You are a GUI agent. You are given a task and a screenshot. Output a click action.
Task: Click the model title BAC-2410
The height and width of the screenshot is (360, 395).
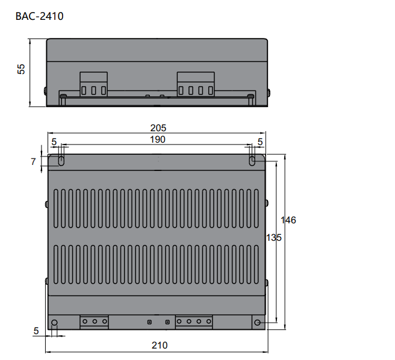click(x=39, y=16)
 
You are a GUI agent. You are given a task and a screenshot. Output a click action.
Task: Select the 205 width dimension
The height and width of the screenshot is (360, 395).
click(x=158, y=128)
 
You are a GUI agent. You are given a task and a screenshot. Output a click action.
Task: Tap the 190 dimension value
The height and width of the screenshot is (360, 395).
click(x=157, y=139)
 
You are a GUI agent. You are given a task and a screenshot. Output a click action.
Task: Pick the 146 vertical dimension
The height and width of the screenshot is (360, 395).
click(x=289, y=220)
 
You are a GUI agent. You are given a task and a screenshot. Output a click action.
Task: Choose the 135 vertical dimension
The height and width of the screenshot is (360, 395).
click(x=274, y=238)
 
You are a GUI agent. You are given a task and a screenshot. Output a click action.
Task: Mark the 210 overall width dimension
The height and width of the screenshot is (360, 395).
click(x=159, y=346)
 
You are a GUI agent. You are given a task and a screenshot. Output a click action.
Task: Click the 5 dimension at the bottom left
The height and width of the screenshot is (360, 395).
click(x=36, y=331)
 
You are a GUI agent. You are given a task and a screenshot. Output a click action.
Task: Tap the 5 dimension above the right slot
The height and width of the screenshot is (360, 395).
click(x=260, y=141)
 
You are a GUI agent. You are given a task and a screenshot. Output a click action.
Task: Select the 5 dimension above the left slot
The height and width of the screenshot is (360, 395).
click(x=54, y=141)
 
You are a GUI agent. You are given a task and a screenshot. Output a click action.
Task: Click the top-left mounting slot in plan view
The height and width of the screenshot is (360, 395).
click(x=61, y=161)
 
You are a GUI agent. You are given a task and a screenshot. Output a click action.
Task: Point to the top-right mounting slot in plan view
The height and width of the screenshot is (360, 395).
click(x=252, y=161)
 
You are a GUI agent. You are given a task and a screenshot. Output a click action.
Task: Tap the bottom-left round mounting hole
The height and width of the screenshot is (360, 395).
click(x=55, y=323)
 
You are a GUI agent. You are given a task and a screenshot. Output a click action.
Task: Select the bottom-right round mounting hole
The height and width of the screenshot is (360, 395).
click(x=258, y=323)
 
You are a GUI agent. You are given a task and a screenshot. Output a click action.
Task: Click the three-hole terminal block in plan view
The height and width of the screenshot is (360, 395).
click(x=95, y=322)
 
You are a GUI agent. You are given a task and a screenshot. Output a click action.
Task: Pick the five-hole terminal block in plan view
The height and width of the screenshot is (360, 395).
click(x=194, y=322)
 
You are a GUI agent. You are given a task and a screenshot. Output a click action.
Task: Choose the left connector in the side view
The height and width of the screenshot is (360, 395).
click(x=94, y=85)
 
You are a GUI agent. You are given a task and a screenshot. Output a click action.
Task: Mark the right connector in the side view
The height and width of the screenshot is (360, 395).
click(x=196, y=85)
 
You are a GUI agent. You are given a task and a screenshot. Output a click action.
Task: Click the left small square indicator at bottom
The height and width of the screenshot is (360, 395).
click(x=149, y=322)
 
